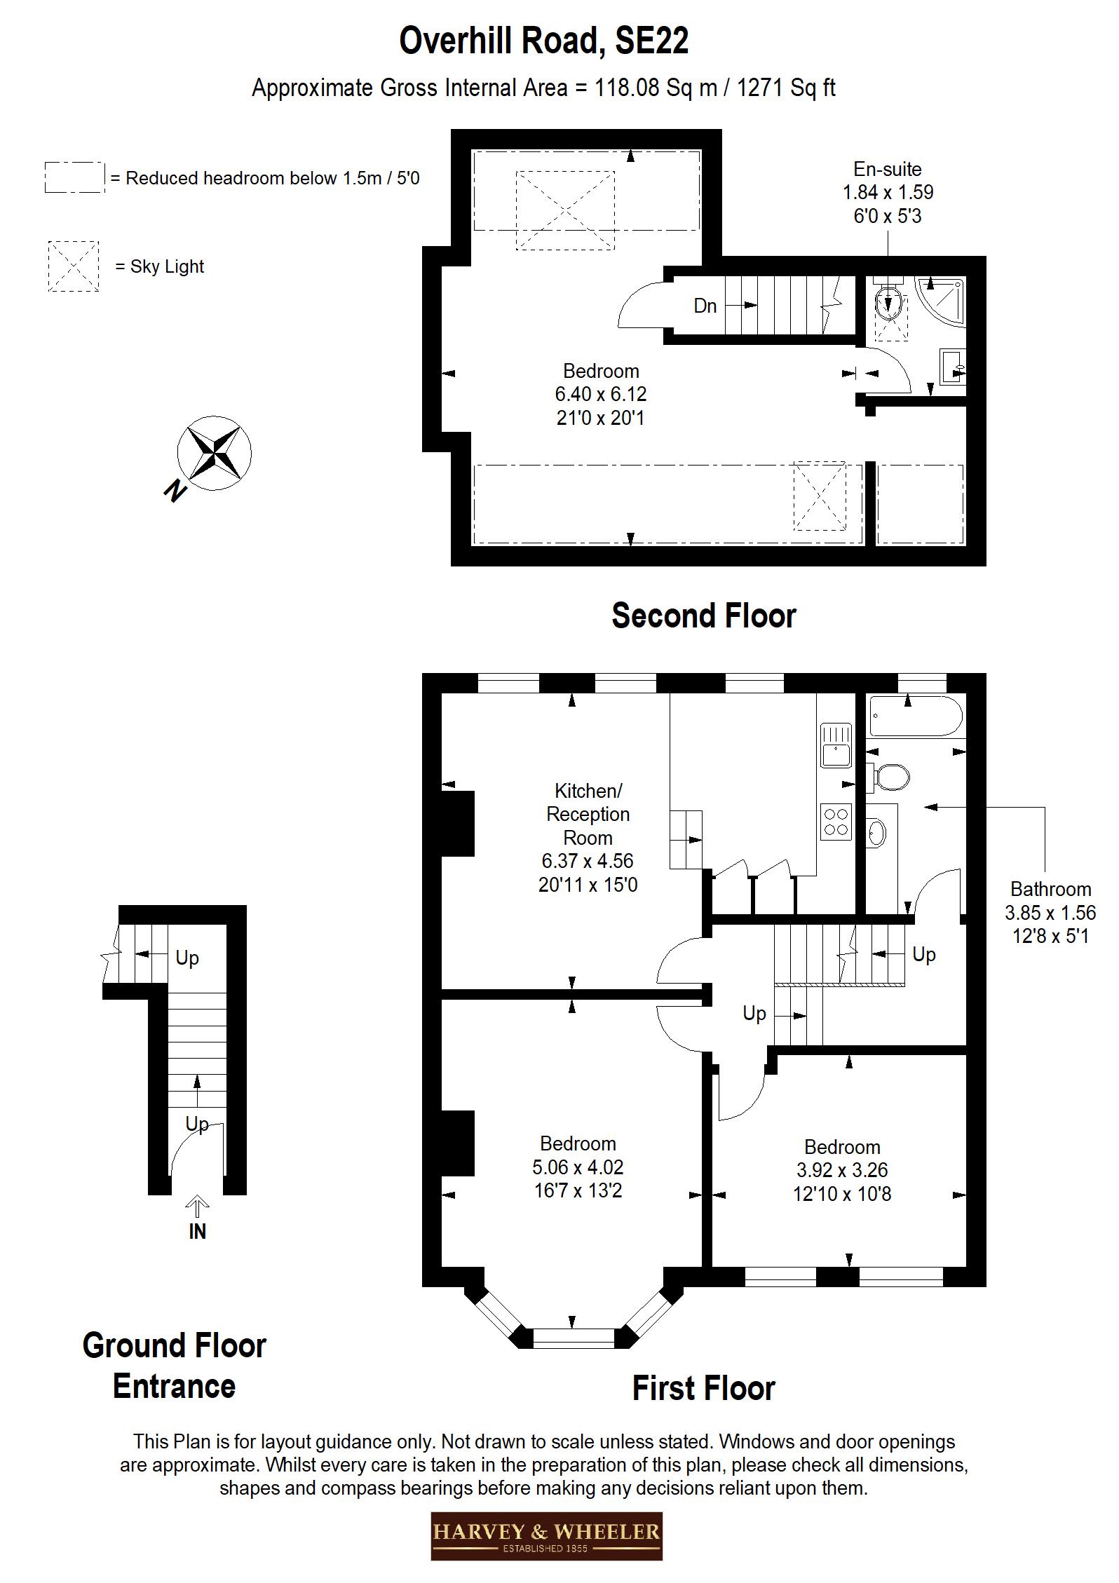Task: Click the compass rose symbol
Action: point(214,453)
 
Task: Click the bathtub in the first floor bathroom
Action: point(915,716)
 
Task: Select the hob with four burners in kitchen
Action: point(836,822)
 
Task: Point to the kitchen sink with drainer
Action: point(836,746)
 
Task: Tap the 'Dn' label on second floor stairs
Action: point(705,306)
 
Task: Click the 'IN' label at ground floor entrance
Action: point(197,1231)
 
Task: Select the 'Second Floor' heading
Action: point(703,616)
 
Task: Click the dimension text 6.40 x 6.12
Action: point(600,395)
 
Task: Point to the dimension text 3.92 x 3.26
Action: point(841,1170)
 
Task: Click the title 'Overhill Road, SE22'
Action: point(543,41)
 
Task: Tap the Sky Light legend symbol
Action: point(73,266)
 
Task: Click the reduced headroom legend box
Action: point(74,177)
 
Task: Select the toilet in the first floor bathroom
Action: point(889,777)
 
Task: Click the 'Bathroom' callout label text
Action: point(1050,889)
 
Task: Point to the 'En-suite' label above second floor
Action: point(887,169)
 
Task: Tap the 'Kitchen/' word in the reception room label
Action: point(588,791)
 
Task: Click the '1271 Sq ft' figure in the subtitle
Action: point(785,88)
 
